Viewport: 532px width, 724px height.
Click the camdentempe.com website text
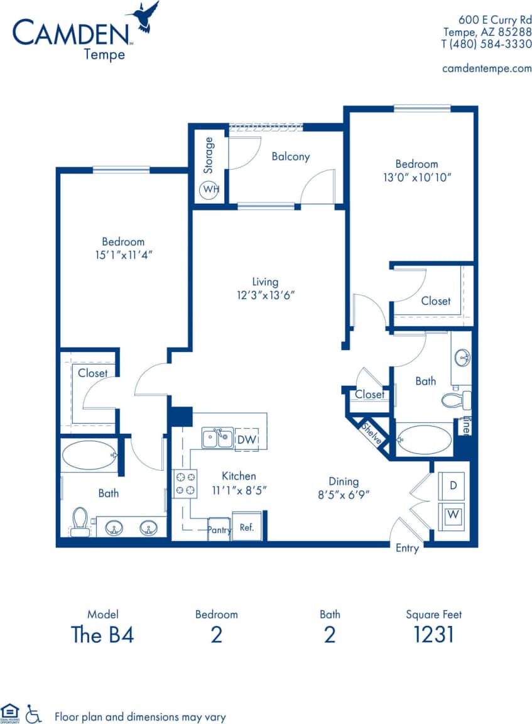tap(487, 68)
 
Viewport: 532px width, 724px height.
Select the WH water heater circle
tap(209, 189)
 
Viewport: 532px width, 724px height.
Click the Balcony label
tap(290, 156)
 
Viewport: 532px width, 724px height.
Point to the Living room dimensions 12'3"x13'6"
tap(265, 295)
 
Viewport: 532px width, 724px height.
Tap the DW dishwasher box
tap(247, 440)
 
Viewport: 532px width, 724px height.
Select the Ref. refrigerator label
tap(247, 528)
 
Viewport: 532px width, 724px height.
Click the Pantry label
tap(219, 530)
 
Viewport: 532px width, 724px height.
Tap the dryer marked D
tap(452, 485)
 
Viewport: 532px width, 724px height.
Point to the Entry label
tap(407, 548)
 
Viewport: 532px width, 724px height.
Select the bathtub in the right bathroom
tap(424, 439)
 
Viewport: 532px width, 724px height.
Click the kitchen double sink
tap(218, 437)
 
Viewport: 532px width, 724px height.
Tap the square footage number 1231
tap(433, 635)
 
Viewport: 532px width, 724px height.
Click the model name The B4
tap(103, 635)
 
